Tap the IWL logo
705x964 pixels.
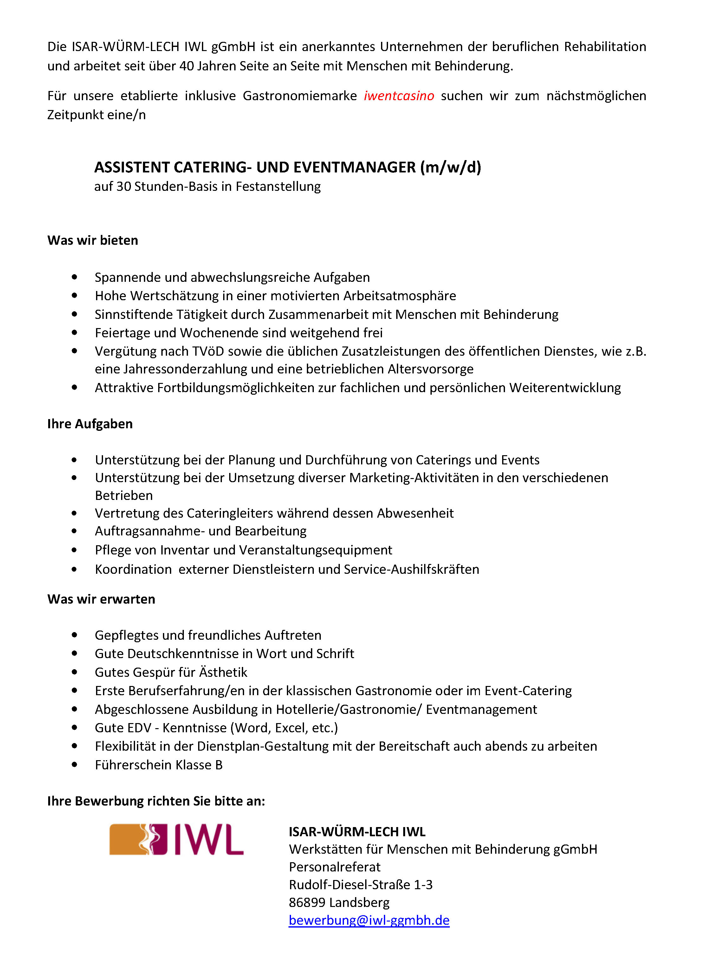click(x=176, y=839)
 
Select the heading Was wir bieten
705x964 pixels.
click(x=93, y=240)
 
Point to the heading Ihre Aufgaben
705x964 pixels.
click(x=90, y=424)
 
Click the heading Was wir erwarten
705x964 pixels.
click(x=101, y=599)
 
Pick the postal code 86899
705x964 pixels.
click(x=307, y=902)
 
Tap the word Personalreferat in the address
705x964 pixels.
click(x=334, y=867)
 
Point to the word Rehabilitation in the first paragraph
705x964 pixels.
click(x=605, y=47)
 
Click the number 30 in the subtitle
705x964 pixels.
click(x=123, y=186)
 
